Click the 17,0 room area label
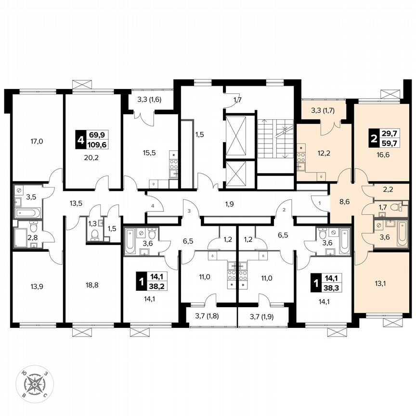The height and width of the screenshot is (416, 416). (37, 142)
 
